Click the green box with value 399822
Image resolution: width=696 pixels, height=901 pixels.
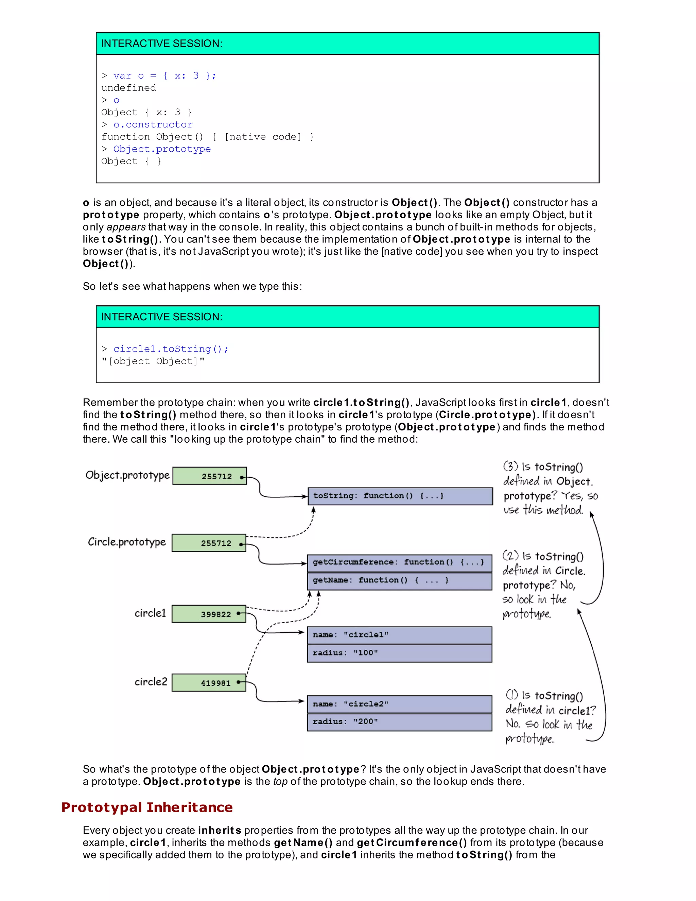209,614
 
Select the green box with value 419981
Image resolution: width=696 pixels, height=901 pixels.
209,683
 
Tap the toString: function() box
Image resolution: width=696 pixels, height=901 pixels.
400,496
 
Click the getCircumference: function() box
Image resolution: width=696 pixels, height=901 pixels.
399,562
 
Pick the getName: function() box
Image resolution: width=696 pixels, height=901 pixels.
399,580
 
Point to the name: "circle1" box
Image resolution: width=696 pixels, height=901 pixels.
399,635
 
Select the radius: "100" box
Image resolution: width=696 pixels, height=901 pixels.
399,653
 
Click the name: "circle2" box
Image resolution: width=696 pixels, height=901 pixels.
399,704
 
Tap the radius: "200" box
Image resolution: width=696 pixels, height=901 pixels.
399,722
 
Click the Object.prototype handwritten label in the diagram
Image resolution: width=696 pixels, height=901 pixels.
127,475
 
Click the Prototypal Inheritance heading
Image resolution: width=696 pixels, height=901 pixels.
147,808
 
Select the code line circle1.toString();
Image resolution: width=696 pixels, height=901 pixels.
171,349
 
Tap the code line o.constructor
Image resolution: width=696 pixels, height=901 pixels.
153,124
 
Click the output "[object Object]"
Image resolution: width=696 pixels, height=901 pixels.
153,361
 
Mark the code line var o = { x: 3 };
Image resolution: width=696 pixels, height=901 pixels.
164,75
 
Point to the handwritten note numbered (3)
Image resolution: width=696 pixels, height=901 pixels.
550,489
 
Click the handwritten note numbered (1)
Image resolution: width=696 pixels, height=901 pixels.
551,717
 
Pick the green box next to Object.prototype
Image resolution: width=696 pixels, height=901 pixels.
209,476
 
